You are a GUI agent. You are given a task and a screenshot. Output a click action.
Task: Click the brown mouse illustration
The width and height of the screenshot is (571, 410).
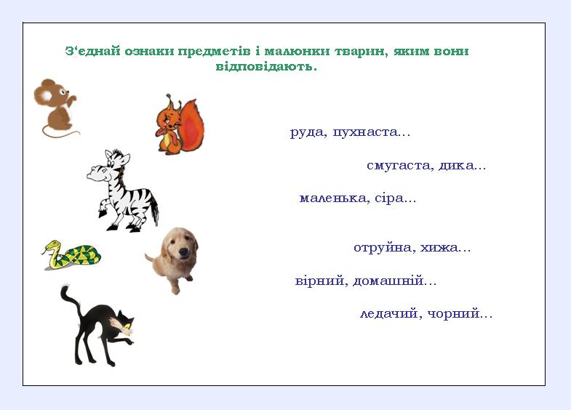(x=55, y=105)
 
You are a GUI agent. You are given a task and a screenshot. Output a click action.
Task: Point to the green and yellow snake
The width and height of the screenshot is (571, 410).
(x=71, y=255)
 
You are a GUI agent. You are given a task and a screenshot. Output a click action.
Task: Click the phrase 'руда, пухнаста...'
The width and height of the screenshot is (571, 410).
(x=351, y=132)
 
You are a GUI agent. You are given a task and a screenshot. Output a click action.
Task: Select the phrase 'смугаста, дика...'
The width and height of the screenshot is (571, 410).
(x=426, y=166)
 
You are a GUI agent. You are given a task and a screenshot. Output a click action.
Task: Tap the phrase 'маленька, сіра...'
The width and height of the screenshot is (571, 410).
(x=357, y=198)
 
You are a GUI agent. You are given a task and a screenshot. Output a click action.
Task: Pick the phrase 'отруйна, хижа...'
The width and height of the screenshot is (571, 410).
(x=412, y=248)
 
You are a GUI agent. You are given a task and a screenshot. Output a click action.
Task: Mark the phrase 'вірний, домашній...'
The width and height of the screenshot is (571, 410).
(x=366, y=281)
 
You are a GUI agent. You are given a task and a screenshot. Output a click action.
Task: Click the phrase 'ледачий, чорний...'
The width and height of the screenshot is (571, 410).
(x=426, y=314)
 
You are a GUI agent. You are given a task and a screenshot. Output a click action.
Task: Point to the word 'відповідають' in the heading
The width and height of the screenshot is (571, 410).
(x=265, y=66)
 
